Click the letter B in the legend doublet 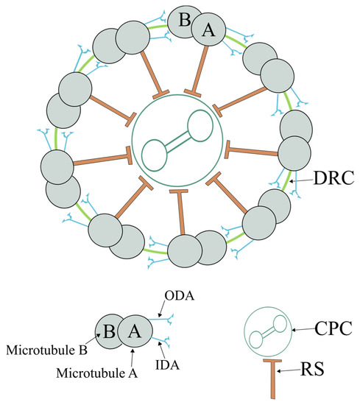coord(107,331)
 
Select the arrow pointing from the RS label coord(294,366)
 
